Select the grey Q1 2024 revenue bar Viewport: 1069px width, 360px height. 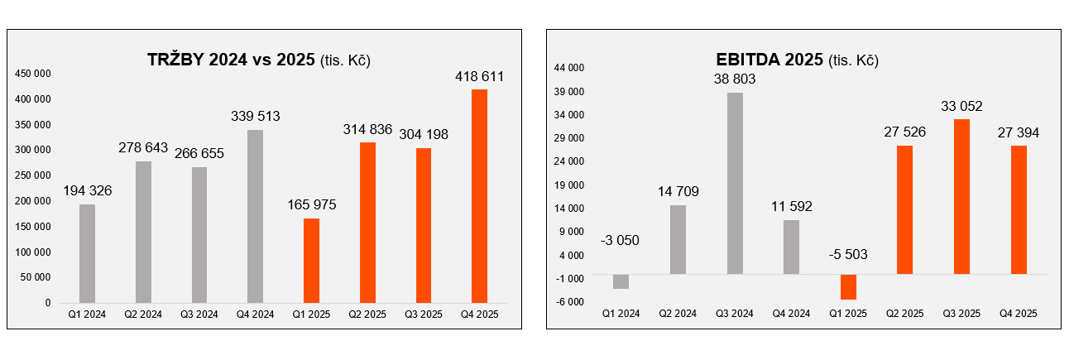coord(87,253)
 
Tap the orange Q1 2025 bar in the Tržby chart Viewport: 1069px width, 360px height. coord(311,261)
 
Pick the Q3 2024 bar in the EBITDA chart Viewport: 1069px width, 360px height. coord(735,183)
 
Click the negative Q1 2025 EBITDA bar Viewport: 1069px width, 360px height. coord(848,286)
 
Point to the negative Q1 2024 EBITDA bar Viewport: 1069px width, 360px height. coord(621,281)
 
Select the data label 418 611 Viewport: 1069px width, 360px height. coord(479,76)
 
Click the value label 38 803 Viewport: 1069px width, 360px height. coord(735,79)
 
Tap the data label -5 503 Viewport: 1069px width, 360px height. coord(848,254)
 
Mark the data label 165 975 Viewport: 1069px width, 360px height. coord(311,205)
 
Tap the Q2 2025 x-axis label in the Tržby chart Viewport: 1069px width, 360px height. coord(367,314)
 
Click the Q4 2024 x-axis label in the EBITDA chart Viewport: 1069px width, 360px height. coord(791,314)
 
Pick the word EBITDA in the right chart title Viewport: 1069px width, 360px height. coord(745,60)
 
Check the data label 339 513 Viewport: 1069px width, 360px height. coord(256,117)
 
